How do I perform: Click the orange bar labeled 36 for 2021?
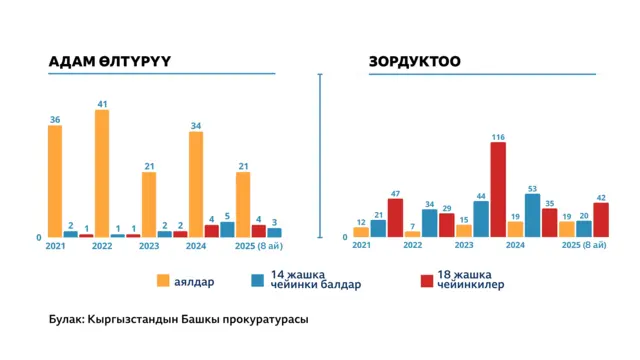(x=55, y=181)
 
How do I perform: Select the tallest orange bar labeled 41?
(x=101, y=173)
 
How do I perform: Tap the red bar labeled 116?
(x=498, y=189)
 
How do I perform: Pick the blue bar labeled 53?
(x=532, y=215)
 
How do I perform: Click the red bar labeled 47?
(x=395, y=217)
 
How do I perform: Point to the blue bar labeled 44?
(x=481, y=219)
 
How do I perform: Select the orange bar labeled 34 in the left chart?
(x=196, y=184)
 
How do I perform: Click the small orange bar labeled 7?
(x=412, y=234)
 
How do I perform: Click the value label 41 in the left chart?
(x=101, y=103)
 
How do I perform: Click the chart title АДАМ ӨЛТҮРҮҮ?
(x=110, y=61)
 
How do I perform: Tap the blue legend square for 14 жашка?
(x=258, y=279)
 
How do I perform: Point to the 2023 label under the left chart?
(x=149, y=246)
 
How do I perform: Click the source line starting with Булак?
(x=178, y=320)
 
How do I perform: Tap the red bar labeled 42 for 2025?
(x=601, y=220)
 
